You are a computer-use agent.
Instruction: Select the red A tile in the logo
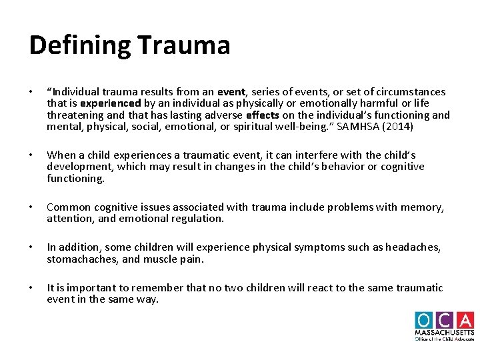tap(465, 320)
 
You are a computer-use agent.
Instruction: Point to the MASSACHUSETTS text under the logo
tap(445, 332)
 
